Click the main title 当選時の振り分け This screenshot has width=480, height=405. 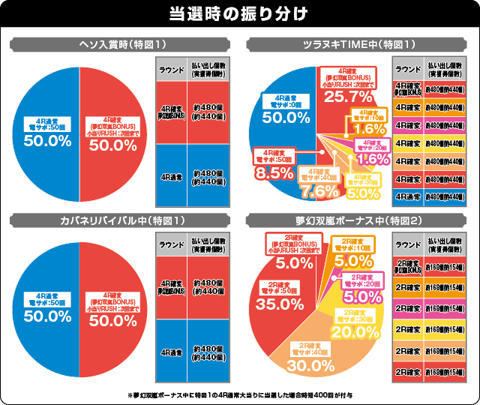click(240, 14)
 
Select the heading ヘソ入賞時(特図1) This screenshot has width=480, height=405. click(121, 43)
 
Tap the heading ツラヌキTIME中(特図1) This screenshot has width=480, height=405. click(358, 43)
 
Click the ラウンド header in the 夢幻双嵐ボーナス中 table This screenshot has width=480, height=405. click(407, 245)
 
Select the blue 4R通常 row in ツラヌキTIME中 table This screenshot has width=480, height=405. click(407, 196)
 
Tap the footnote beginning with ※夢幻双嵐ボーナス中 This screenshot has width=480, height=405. click(240, 394)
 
